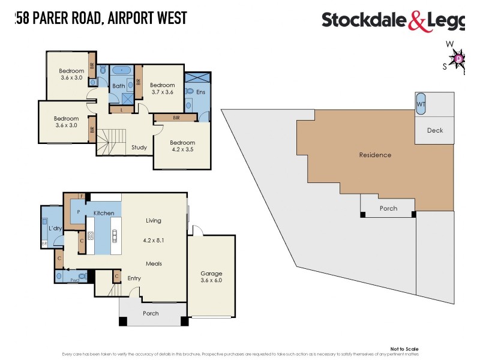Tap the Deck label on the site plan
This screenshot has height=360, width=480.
[435, 130]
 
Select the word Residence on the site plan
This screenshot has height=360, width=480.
[375, 155]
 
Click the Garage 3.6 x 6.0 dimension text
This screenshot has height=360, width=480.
[211, 280]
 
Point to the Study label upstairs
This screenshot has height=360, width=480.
[139, 147]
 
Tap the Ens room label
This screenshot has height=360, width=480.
[200, 92]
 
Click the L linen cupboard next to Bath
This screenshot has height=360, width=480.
[122, 110]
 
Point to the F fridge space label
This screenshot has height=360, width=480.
[82, 196]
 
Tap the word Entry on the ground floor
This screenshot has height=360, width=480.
[134, 278]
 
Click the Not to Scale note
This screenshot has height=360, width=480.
[404, 349]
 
